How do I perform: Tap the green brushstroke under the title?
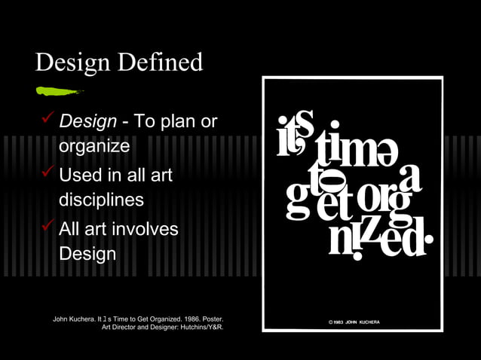coord(59,91)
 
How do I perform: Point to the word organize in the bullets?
coord(94,146)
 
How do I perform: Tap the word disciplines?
coord(101,200)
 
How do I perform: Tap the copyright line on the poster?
coord(354,322)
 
